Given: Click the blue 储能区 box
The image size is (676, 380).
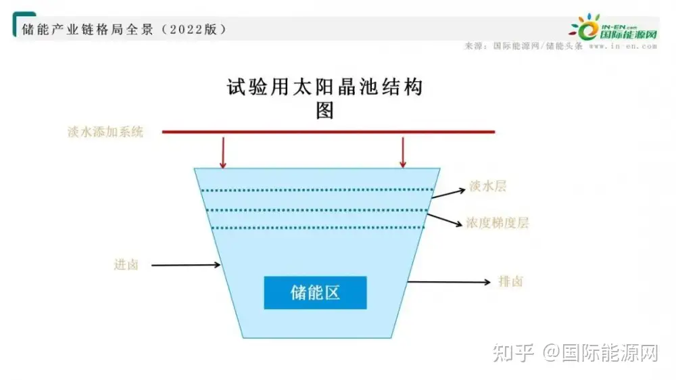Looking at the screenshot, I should click(x=315, y=293).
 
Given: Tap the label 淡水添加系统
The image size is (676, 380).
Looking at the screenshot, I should click(x=105, y=132).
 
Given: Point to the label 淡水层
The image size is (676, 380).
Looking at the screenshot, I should click(x=487, y=187).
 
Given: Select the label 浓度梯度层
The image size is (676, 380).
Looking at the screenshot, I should click(x=497, y=222).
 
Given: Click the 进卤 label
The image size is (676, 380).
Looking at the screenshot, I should click(x=126, y=265).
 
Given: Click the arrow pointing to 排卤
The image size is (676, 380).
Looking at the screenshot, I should click(x=450, y=281).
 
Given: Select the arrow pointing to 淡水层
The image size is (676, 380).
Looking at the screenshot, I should click(x=448, y=193).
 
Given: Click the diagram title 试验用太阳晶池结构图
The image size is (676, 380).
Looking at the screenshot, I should click(x=325, y=97).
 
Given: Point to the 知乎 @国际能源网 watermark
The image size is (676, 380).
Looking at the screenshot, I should click(x=575, y=352).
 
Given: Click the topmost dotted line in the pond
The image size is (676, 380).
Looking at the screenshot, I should click(x=318, y=190).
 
